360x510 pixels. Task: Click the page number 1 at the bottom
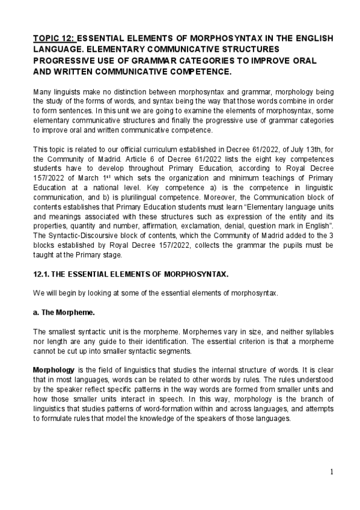pos(332,472)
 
